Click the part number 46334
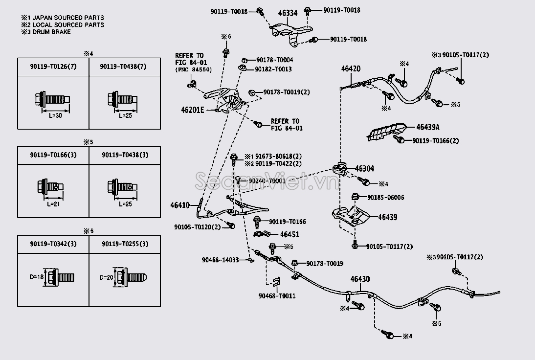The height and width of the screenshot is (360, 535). (x=288, y=13)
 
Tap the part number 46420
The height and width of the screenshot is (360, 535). (x=351, y=69)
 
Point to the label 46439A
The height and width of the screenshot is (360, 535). (x=428, y=128)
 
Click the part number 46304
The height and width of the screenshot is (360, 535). (x=364, y=169)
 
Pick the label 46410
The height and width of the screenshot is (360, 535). (x=180, y=205)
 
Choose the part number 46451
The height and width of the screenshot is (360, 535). (x=290, y=235)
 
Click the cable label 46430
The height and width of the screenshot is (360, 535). (x=360, y=279)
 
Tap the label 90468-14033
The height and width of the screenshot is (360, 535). (x=220, y=260)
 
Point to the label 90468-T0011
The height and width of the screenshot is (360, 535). (x=277, y=296)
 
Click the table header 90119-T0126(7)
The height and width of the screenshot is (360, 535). (x=53, y=67)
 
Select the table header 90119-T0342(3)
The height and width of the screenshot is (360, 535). (x=53, y=244)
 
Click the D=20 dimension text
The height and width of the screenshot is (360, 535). (x=106, y=277)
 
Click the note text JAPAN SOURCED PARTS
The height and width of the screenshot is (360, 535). (x=67, y=17)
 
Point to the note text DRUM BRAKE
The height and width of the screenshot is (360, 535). (x=51, y=32)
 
